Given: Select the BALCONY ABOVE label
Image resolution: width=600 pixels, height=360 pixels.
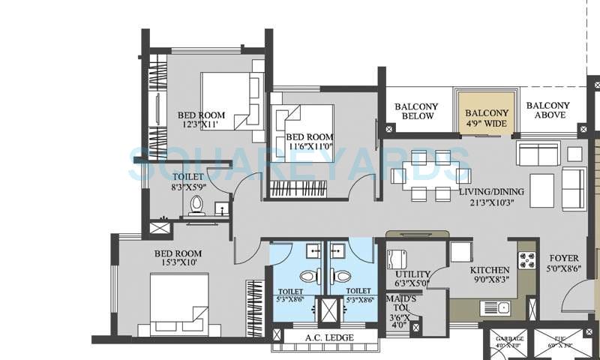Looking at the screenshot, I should [547, 110].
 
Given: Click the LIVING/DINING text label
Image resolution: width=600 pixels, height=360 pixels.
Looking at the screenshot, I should [492, 191].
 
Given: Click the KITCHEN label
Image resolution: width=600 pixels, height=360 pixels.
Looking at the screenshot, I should [490, 270].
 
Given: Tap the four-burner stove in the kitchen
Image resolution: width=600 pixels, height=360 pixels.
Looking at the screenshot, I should [526, 260].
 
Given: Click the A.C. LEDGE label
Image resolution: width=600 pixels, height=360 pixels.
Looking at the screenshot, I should [325, 337].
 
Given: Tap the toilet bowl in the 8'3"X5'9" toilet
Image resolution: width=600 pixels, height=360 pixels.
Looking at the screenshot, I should [196, 204].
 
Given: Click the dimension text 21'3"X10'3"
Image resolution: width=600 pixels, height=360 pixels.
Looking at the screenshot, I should [492, 202].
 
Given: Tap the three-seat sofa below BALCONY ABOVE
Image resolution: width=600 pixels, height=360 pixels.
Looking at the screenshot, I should [537, 154].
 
